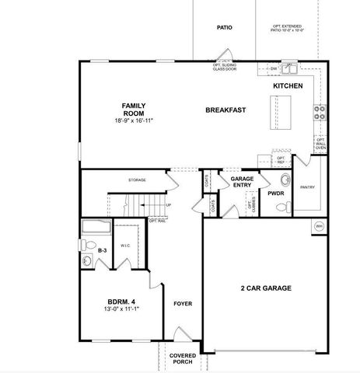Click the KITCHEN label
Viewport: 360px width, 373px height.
tap(288, 85)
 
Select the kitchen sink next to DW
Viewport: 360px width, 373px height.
tap(289, 68)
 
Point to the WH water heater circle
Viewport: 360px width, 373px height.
tap(319, 226)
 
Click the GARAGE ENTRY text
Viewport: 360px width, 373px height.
tap(243, 182)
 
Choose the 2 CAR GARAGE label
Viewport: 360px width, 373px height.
tap(265, 288)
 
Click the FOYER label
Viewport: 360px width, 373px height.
tap(183, 304)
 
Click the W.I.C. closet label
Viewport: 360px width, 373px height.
tap(125, 247)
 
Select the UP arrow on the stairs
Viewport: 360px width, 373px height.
tap(167, 205)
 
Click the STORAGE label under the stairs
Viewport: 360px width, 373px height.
tap(137, 180)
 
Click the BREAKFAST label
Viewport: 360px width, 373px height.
tap(225, 110)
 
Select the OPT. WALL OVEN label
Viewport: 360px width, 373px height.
tap(320, 144)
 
